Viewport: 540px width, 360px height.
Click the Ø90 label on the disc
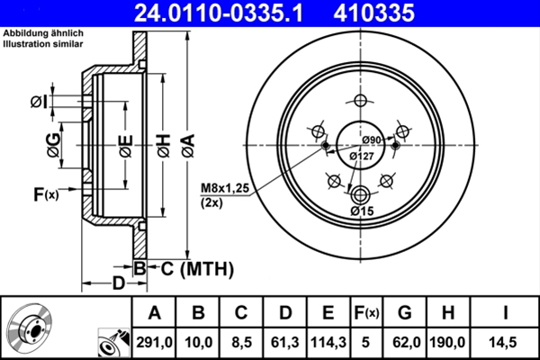[372, 139]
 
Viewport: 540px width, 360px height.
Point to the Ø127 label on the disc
[360, 156]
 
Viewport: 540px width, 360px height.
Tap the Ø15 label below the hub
[362, 211]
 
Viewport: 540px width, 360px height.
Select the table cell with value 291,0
[155, 343]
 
